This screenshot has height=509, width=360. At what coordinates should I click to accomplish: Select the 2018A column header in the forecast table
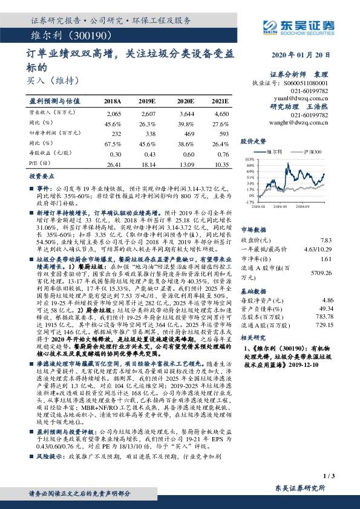pos(113,101)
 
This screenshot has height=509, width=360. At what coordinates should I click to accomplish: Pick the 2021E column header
pos(220,101)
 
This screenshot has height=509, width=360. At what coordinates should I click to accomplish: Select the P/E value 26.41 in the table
pos(114,164)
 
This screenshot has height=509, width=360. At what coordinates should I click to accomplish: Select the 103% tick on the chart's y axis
pos(249,158)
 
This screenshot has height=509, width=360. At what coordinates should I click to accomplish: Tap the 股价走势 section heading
pos(254,141)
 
